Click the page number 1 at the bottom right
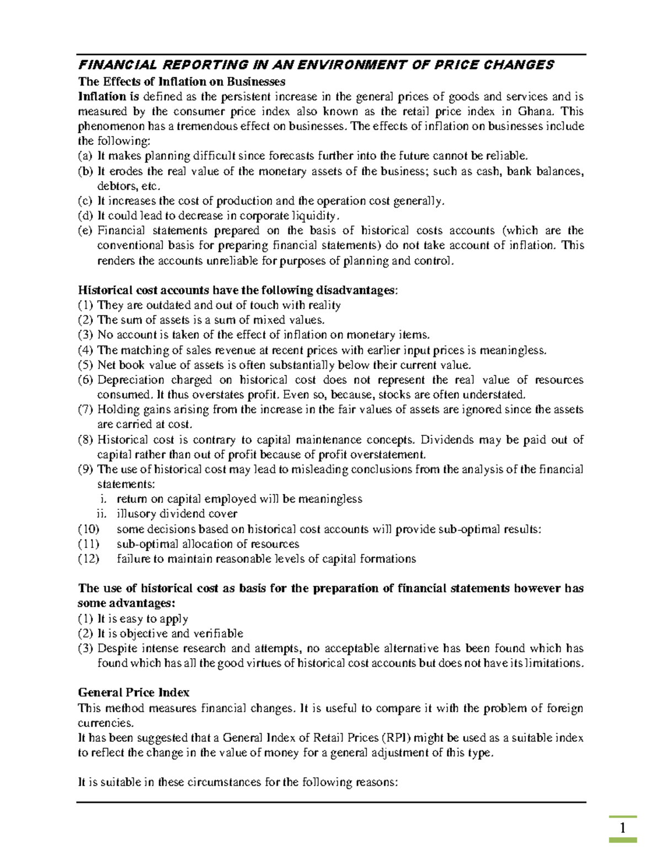pos(622,828)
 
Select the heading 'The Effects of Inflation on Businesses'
pos(181,82)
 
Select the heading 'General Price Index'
pos(134,692)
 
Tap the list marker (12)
pos(88,558)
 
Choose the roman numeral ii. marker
pos(101,514)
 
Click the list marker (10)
pos(88,529)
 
